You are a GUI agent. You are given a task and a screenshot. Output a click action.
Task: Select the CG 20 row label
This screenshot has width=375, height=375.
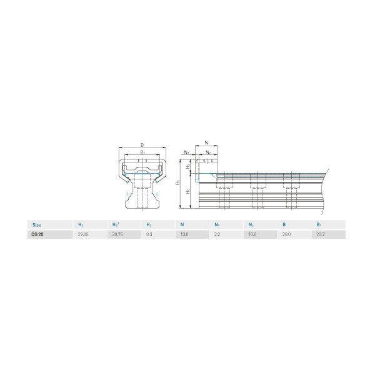pyautogui.click(x=37, y=234)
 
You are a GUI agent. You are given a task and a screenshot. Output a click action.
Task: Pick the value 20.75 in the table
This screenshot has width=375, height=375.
pyautogui.click(x=116, y=234)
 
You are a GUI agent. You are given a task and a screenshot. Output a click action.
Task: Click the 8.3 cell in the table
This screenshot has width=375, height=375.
pyautogui.click(x=149, y=234)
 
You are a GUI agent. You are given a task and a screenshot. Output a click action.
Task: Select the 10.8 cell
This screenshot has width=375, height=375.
pyautogui.click(x=251, y=234)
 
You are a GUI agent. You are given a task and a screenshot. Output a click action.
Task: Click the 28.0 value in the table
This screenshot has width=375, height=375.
pyautogui.click(x=286, y=234)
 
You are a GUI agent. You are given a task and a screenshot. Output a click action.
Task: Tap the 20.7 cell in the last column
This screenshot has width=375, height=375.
pyautogui.click(x=320, y=234)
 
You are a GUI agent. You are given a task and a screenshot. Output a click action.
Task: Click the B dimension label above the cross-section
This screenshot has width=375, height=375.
pyautogui.click(x=142, y=144)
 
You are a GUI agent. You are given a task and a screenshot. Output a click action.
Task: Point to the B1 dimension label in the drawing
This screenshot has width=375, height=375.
pyautogui.click(x=142, y=152)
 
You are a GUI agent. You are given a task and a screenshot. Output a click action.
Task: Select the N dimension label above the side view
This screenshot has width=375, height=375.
pyautogui.click(x=207, y=143)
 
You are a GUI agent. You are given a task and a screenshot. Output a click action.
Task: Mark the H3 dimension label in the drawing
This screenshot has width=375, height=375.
pyautogui.click(x=179, y=182)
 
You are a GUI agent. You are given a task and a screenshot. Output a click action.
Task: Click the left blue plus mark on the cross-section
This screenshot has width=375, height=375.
pyautogui.click(x=128, y=194)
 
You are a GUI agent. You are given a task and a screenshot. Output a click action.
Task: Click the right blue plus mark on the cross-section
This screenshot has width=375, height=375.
pyautogui.click(x=156, y=194)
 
